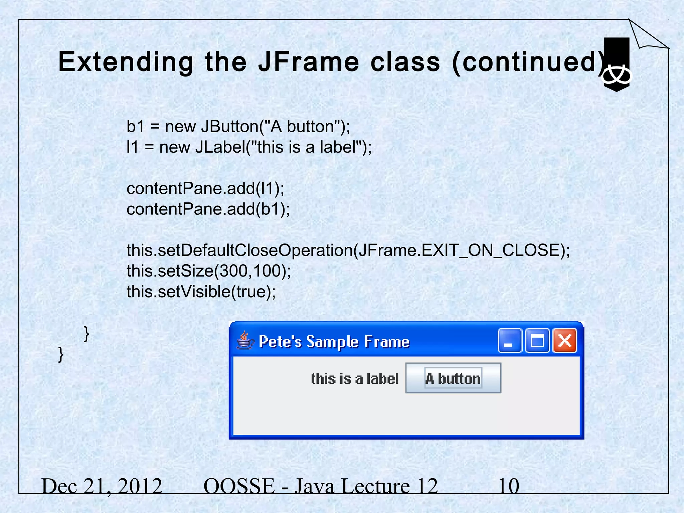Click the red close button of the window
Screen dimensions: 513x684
[x=564, y=341]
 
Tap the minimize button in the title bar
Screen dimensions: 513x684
[x=510, y=341]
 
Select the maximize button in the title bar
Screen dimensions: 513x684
[x=537, y=341]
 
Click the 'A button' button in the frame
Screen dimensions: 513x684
[x=453, y=378]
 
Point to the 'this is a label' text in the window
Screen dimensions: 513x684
[x=355, y=379]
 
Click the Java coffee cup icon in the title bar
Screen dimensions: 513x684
[x=245, y=341]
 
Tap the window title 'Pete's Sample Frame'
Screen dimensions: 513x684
[x=334, y=342]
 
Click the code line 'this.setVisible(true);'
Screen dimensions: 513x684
[x=201, y=292]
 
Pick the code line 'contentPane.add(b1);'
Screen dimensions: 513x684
[x=208, y=209]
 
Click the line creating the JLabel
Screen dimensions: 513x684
[x=249, y=147]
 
